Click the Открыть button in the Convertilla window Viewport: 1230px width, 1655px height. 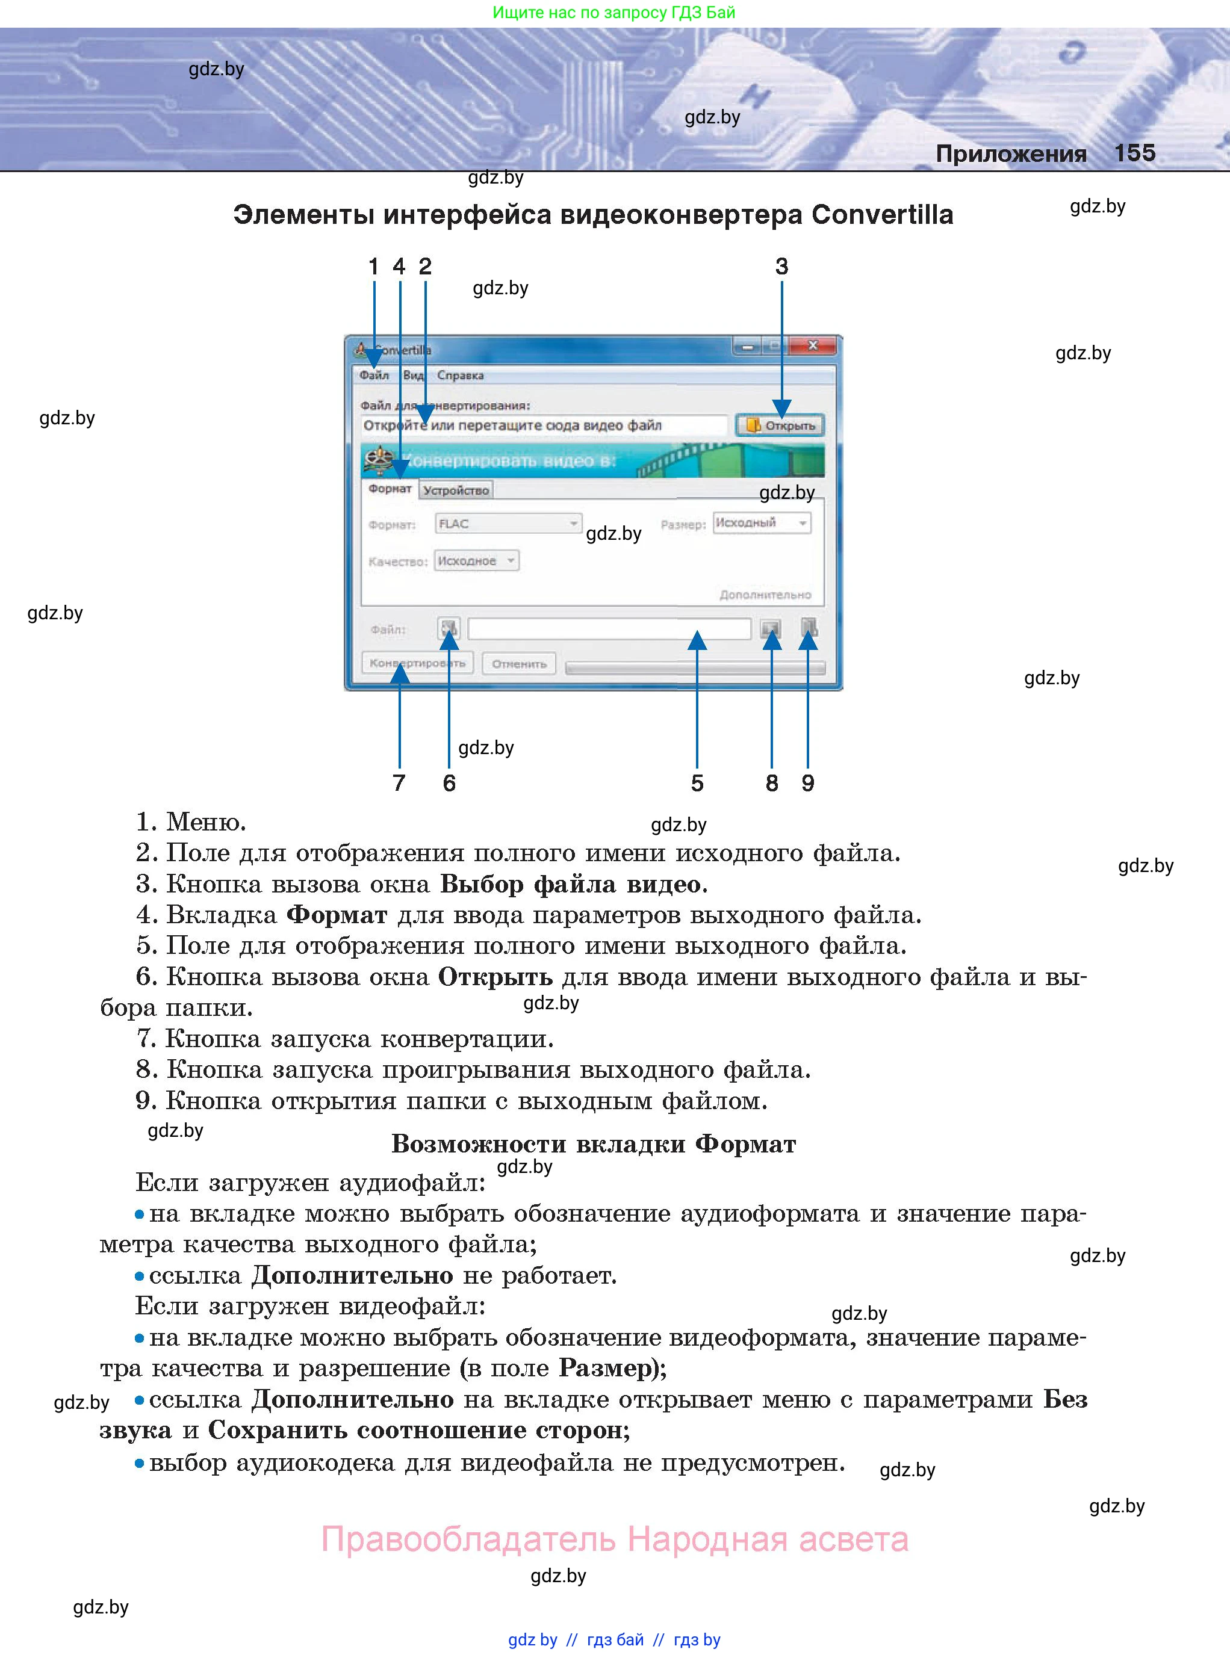(780, 425)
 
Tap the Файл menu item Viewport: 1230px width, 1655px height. (374, 375)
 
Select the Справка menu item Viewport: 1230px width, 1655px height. (460, 375)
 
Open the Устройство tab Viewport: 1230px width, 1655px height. (456, 490)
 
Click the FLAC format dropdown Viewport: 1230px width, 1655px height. (508, 524)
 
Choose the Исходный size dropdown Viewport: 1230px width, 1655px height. (761, 523)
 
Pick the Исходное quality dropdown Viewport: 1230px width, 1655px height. (476, 560)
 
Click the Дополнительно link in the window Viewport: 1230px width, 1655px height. (765, 595)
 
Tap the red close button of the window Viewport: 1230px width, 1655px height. (813, 346)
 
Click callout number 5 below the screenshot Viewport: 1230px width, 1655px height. (697, 783)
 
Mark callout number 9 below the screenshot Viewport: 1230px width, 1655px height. (808, 783)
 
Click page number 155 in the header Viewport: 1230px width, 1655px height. (1135, 153)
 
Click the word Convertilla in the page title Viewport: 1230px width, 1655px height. (882, 214)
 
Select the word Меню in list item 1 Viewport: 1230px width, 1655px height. (205, 822)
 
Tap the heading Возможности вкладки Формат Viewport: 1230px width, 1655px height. (594, 1144)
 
